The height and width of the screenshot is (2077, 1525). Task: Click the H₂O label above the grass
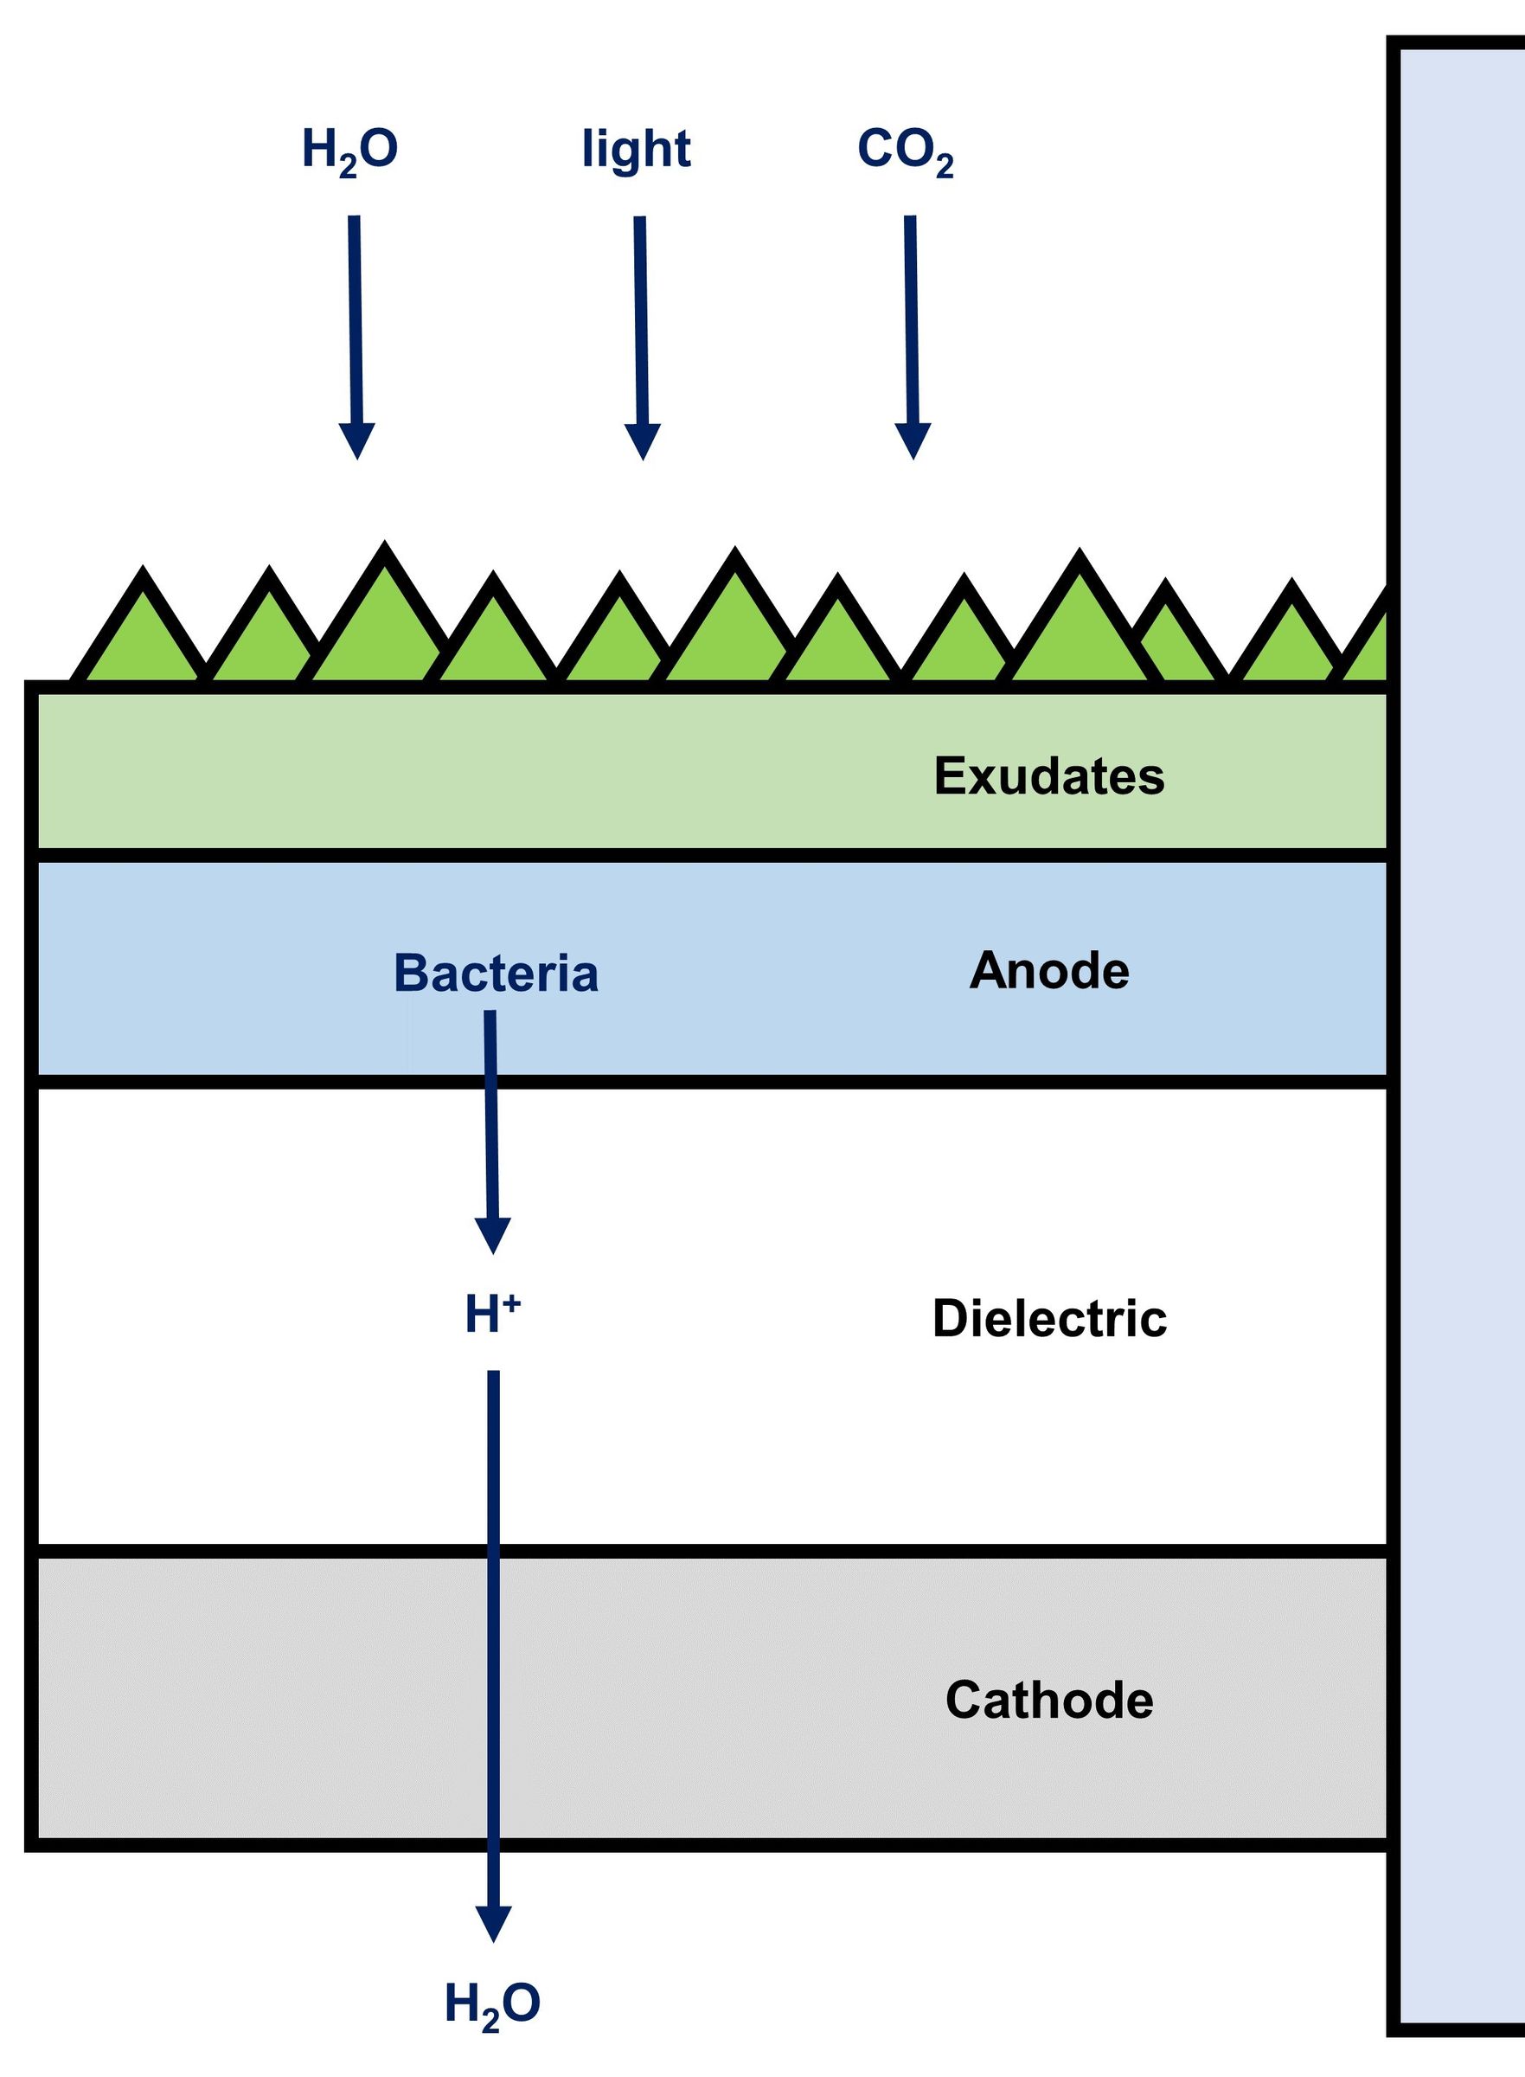coord(349,151)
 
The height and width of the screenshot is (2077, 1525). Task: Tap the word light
coord(636,150)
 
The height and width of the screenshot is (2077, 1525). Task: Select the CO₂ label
coord(906,151)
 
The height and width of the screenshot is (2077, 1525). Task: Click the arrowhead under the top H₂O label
coord(357,441)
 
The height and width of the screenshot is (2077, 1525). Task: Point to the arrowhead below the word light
coord(643,441)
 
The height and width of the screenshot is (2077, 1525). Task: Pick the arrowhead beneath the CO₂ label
coord(913,441)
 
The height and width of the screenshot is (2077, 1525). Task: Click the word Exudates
coord(1049,775)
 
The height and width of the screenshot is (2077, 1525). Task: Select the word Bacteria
coord(496,974)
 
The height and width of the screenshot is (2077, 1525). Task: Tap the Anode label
coord(1049,971)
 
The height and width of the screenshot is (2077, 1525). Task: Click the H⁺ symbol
coord(493,1315)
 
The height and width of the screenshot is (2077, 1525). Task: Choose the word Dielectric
coord(1049,1318)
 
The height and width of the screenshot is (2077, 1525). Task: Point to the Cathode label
coord(1049,1700)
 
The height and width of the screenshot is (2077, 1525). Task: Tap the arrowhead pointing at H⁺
coord(493,1236)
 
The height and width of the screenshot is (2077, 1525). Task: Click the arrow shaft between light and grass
coord(641,320)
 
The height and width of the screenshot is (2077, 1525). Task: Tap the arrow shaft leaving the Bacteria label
coord(491,1115)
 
